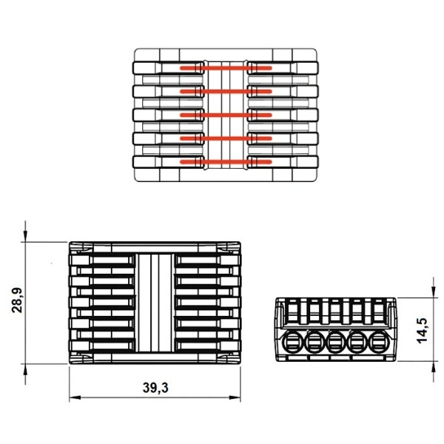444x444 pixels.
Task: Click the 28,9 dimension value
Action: click(17, 302)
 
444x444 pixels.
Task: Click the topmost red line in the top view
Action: click(226, 68)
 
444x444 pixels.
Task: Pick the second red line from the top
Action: click(226, 92)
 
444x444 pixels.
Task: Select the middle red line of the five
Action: click(226, 115)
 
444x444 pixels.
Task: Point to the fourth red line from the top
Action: click(226, 138)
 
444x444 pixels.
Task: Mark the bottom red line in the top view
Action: click(226, 161)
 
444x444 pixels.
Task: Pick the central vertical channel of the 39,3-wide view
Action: click(155, 303)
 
